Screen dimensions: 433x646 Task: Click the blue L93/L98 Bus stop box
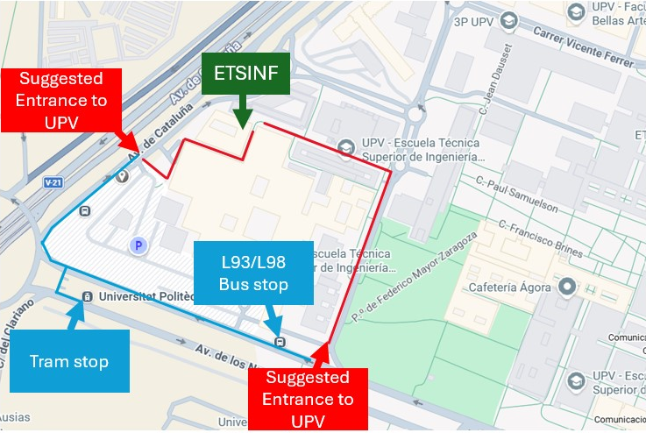[x=253, y=273]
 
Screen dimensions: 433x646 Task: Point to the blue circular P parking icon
[x=137, y=246]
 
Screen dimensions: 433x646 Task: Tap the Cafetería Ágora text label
[x=509, y=287]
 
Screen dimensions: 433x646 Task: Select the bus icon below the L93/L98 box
[x=280, y=342]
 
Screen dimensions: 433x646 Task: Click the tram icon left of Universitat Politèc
[x=87, y=297]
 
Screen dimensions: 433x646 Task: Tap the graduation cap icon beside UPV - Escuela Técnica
[x=347, y=147]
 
